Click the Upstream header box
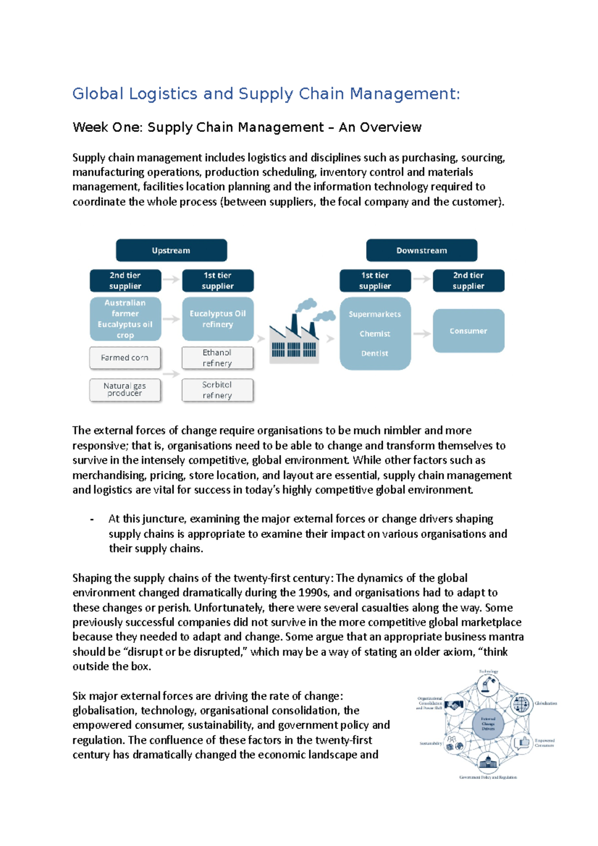[x=171, y=250]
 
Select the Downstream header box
[x=422, y=250]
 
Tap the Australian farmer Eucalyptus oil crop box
[x=125, y=319]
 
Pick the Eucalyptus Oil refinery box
[x=218, y=319]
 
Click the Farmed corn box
[x=125, y=358]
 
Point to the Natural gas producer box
[x=125, y=390]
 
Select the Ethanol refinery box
[x=217, y=358]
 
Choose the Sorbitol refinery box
[x=217, y=390]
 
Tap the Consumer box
[x=468, y=331]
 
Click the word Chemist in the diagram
[x=375, y=334]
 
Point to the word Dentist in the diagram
[x=375, y=353]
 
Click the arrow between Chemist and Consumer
[x=422, y=333]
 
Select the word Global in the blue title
[x=98, y=94]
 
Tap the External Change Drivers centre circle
[x=488, y=724]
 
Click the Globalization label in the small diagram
[x=546, y=704]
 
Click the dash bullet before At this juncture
[x=92, y=519]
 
